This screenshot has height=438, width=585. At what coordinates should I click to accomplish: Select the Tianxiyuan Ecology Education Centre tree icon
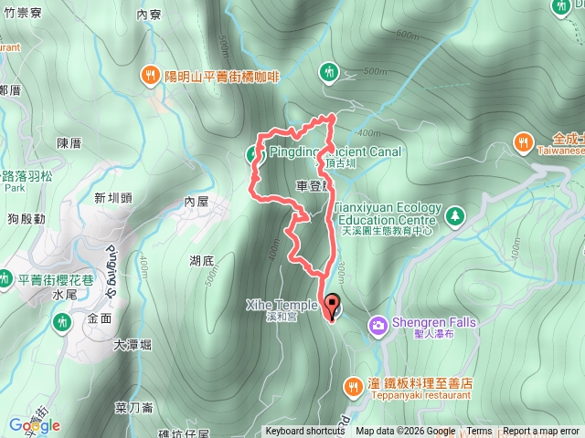[x=454, y=215]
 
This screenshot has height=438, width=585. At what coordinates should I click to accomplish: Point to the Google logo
[x=34, y=425]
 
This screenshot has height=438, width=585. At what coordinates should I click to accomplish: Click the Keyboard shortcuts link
[x=305, y=432]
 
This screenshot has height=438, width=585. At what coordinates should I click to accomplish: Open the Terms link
[x=479, y=432]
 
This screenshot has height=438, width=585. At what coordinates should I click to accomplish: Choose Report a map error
[x=542, y=432]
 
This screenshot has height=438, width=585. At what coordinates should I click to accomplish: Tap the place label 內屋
[x=197, y=201]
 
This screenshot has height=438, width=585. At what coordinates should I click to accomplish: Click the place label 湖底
[x=202, y=261]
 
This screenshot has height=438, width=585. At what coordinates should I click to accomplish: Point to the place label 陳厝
[x=69, y=143]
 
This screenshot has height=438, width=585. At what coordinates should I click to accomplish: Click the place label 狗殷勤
[x=27, y=219]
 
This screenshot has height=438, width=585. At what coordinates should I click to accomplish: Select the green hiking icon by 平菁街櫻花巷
[x=61, y=322]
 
